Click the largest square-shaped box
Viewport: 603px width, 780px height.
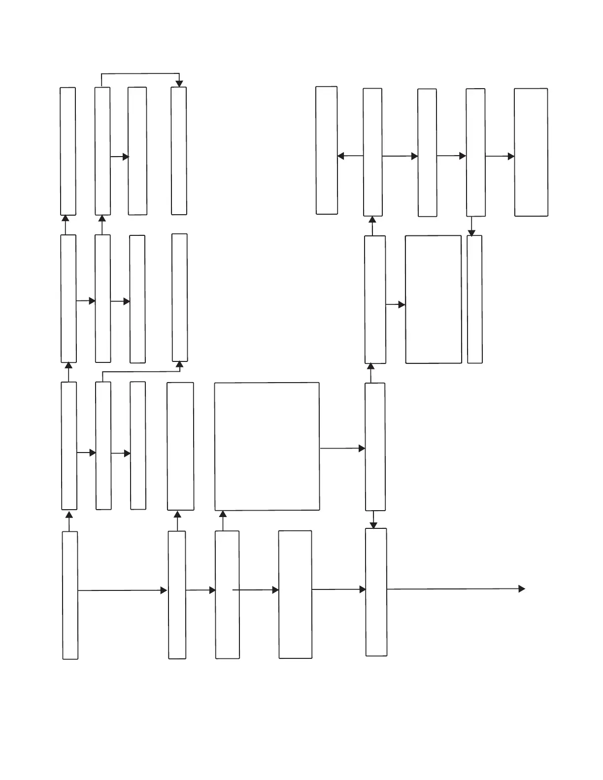[x=267, y=446]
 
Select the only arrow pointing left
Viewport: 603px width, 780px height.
[x=350, y=156]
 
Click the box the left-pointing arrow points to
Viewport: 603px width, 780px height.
[x=327, y=151]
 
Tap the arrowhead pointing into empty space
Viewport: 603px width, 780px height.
[x=522, y=588]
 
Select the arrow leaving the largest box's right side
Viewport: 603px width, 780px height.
[x=342, y=449]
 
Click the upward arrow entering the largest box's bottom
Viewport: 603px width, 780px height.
[x=223, y=520]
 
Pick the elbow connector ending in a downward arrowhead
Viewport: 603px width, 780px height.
[x=140, y=74]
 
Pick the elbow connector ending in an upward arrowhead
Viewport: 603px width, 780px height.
[x=141, y=372]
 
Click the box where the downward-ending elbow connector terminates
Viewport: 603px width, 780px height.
[x=179, y=151]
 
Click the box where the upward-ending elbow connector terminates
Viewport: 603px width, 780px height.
[x=179, y=297]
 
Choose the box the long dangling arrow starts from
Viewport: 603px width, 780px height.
[x=376, y=592]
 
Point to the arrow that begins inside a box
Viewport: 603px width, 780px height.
[x=255, y=589]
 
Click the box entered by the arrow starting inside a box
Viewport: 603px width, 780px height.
[x=295, y=594]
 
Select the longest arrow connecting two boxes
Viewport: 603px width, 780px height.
[x=123, y=590]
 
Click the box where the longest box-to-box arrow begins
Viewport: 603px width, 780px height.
[x=70, y=595]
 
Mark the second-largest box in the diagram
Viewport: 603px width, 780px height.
[x=433, y=299]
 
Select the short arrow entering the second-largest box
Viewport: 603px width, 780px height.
[x=395, y=305]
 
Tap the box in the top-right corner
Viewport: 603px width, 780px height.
[x=531, y=152]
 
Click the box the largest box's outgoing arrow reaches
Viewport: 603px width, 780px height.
[x=375, y=447]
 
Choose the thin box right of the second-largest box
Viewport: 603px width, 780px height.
[x=474, y=299]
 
